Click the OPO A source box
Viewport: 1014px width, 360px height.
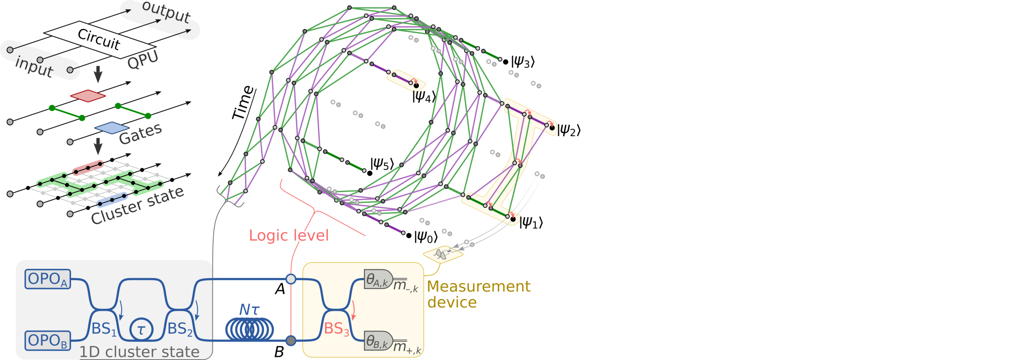tap(47, 279)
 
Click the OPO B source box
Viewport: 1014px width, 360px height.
tap(47, 341)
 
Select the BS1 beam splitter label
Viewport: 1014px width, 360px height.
tap(104, 329)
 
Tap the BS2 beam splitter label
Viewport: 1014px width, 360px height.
tap(180, 329)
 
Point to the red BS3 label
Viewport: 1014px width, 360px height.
tap(336, 329)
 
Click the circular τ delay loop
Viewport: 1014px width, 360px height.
tap(141, 329)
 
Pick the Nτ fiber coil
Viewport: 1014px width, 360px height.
tap(249, 329)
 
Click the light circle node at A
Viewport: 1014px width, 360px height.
tap(291, 279)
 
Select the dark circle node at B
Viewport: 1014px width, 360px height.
tap(291, 341)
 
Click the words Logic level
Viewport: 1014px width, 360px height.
tap(289, 236)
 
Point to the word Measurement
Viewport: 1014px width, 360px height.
tap(479, 287)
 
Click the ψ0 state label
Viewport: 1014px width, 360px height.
tap(425, 237)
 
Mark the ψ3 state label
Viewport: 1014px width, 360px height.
tap(523, 62)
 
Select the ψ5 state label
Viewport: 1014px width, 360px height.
tap(382, 164)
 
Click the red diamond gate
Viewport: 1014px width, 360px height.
tap(88, 96)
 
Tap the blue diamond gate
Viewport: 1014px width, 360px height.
tap(112, 128)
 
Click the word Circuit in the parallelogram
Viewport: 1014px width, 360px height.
tap(99, 39)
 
